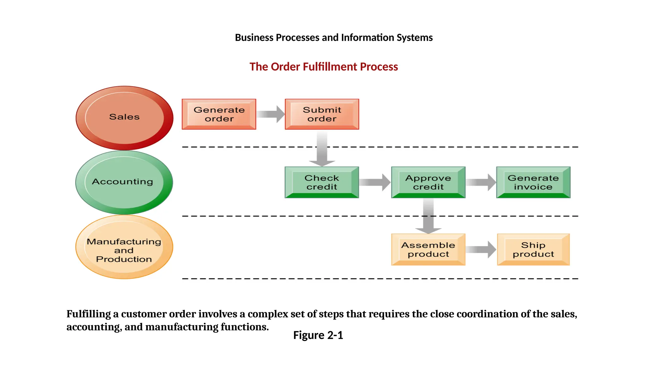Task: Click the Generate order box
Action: [219, 114]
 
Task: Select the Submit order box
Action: [322, 114]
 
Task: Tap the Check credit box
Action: [322, 182]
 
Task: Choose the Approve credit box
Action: [428, 182]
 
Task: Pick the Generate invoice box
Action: [533, 182]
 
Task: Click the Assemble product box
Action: [428, 249]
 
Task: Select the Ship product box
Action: [533, 249]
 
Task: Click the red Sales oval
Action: [124, 118]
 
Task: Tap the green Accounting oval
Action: [124, 182]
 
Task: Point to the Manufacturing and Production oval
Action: [124, 247]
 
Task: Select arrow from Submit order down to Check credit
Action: [322, 148]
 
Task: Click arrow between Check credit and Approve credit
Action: [375, 182]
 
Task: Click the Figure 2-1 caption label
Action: [318, 335]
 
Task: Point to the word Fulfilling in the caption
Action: [89, 314]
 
